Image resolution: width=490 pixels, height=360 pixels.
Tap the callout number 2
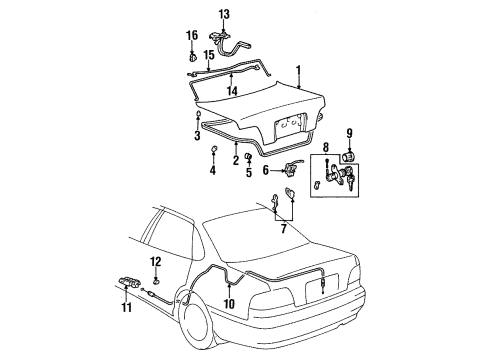point(235,159)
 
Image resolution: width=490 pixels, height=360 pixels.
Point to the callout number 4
point(213,170)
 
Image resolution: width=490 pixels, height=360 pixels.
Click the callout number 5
point(248,171)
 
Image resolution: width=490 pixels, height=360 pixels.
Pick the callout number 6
point(267,170)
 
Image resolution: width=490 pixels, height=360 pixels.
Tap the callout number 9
point(349,133)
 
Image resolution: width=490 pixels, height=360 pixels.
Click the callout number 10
point(229,303)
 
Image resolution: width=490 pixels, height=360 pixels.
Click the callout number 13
point(224,13)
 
